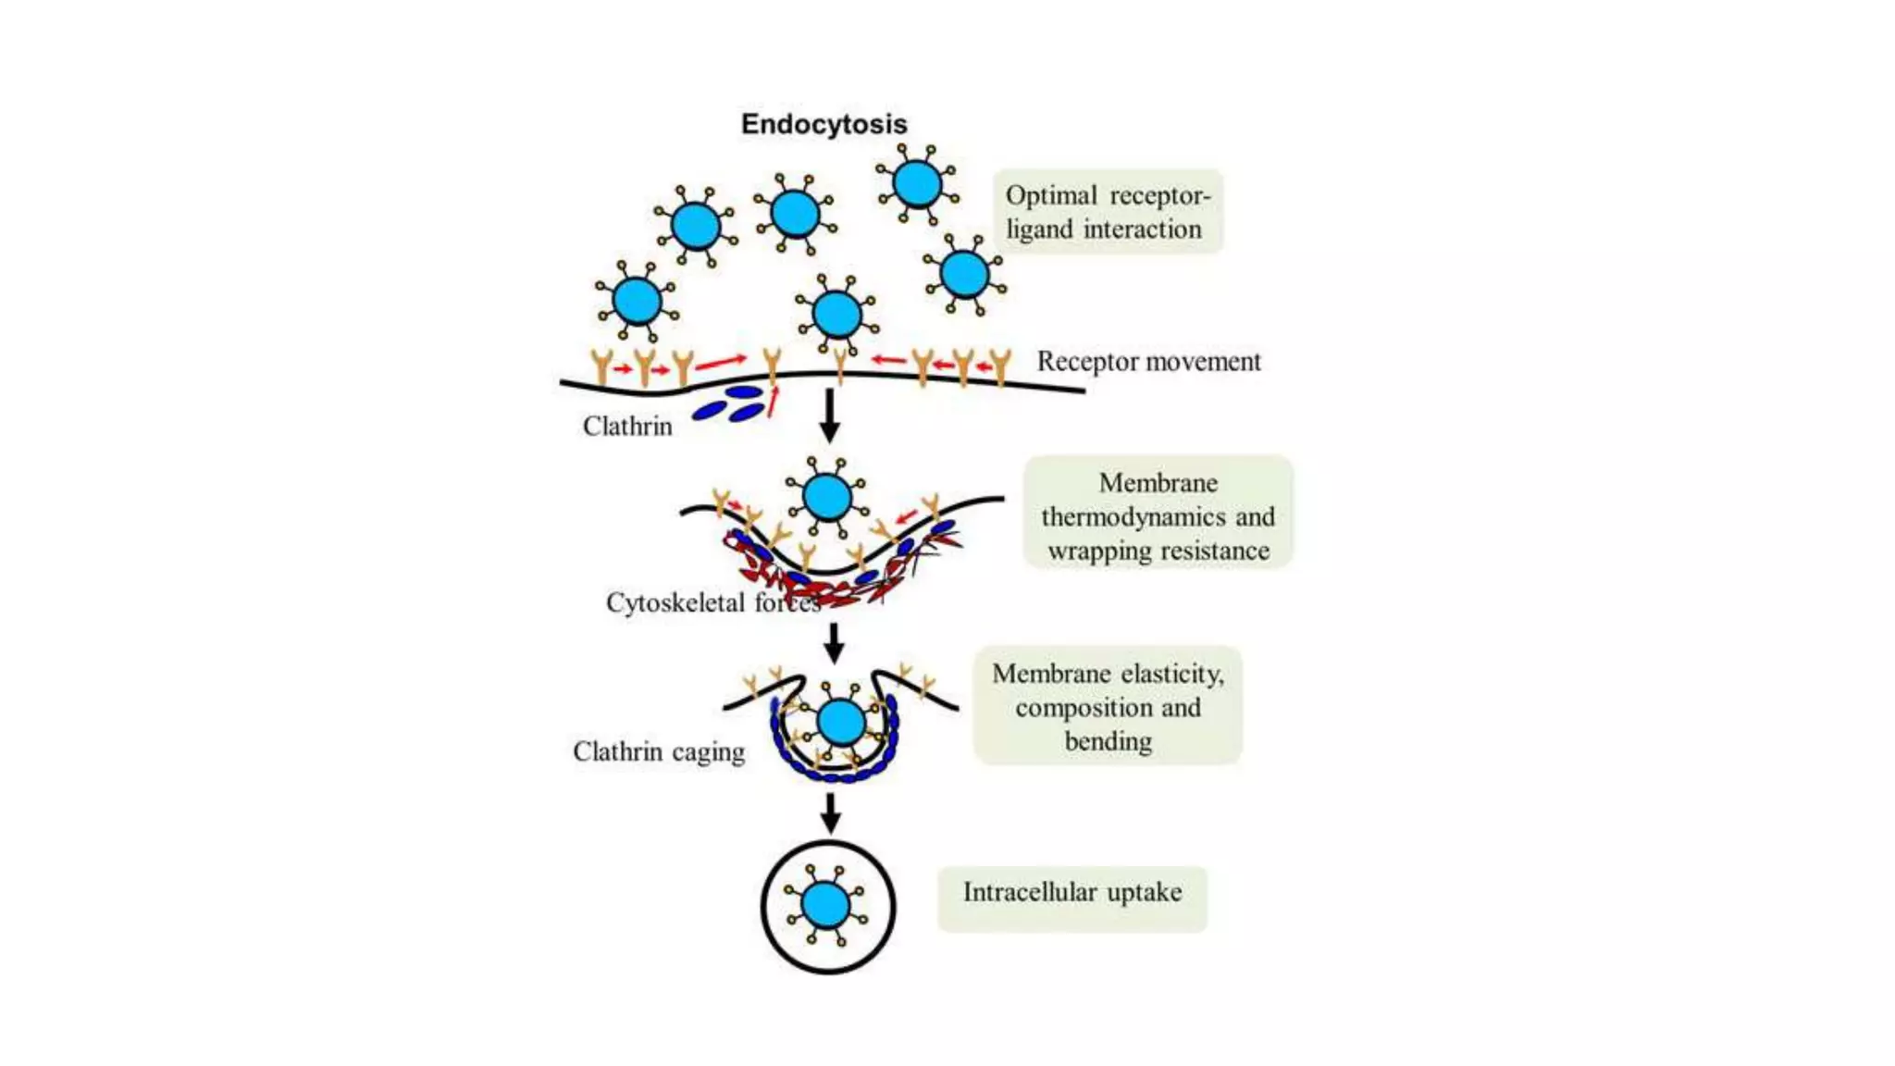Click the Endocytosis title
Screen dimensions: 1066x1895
[x=824, y=124]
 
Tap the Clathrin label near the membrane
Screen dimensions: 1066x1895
[x=627, y=426]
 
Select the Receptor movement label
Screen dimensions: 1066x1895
[x=1148, y=361]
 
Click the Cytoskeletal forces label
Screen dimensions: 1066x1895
[x=712, y=602]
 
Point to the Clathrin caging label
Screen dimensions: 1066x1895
[x=659, y=751]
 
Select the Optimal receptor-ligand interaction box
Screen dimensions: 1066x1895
[x=1108, y=212]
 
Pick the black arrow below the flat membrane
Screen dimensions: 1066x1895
[x=830, y=415]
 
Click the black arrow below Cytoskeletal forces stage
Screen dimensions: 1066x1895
[x=834, y=643]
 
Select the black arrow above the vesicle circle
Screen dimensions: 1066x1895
[x=830, y=812]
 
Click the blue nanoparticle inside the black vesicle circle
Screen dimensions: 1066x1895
[x=826, y=905]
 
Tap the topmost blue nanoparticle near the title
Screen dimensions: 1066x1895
[x=917, y=183]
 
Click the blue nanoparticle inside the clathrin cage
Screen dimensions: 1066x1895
[x=841, y=722]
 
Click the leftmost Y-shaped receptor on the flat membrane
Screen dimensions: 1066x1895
[x=602, y=366]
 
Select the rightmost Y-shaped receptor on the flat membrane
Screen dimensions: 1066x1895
[x=1000, y=366]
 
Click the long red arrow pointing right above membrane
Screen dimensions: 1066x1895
[x=721, y=362]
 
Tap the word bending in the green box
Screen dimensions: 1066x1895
[x=1108, y=741]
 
